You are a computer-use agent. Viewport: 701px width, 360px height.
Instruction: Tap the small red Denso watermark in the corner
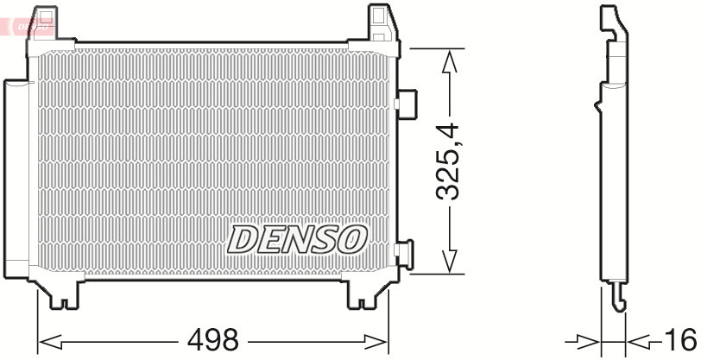coord(30,27)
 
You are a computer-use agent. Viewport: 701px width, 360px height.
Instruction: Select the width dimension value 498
coord(213,339)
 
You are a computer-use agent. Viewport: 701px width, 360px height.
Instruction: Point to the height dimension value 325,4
coord(449,162)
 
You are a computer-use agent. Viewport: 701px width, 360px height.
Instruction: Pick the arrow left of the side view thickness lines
coord(587,339)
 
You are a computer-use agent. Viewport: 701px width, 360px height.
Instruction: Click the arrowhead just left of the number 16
coord(639,339)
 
